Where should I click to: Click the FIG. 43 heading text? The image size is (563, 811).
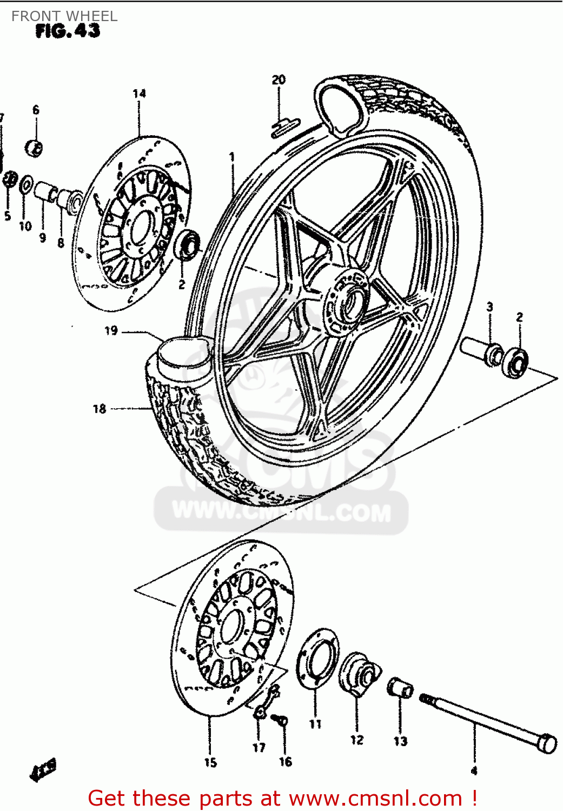coord(68,31)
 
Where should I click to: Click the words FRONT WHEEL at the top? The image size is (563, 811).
coord(64,16)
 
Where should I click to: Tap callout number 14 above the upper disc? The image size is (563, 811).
coord(139,94)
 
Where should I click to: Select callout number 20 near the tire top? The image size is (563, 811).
coord(279,80)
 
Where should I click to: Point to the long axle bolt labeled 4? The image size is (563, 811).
coord(487,721)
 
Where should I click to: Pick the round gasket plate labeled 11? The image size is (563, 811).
coord(317,659)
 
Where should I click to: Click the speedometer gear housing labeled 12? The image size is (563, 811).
coord(358,673)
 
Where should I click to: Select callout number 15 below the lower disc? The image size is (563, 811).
coord(210,762)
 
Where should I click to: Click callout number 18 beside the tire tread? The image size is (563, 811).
coord(99,409)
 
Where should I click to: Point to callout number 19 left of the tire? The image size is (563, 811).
coord(111,330)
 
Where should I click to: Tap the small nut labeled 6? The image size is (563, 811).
coord(35,147)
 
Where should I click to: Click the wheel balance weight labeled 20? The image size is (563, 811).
coord(285,125)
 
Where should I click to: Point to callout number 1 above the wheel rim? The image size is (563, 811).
coord(232,157)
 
